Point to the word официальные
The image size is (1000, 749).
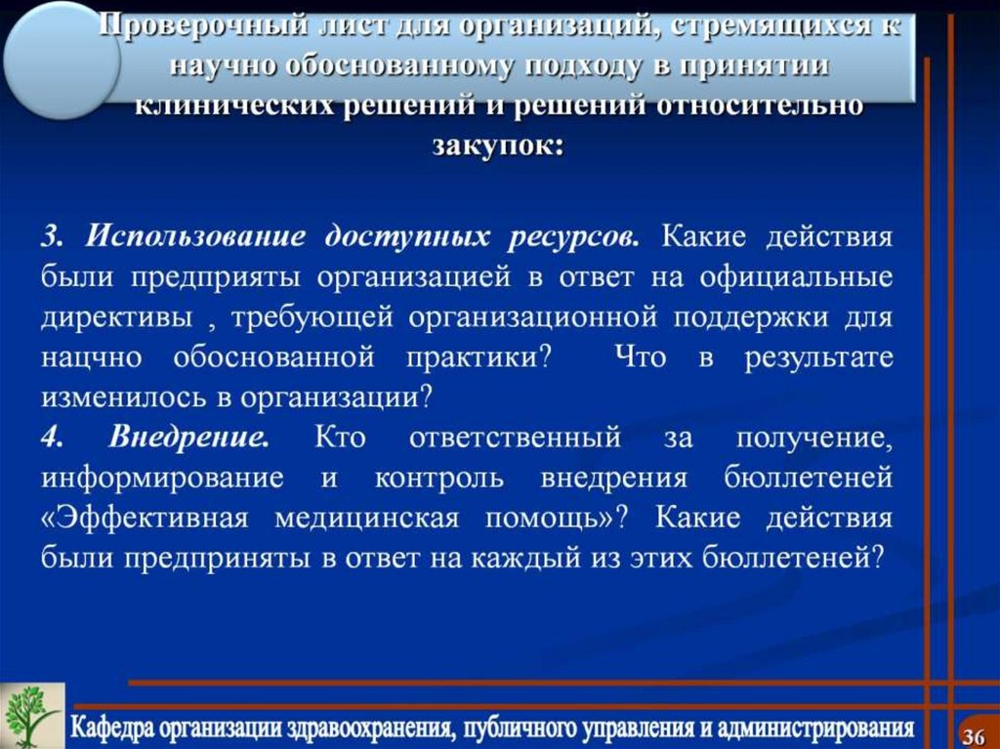(796, 277)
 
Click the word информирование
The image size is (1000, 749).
(163, 478)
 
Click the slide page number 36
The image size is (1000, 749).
(974, 733)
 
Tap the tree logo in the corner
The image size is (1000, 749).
(32, 716)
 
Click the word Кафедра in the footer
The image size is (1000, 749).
(114, 728)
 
